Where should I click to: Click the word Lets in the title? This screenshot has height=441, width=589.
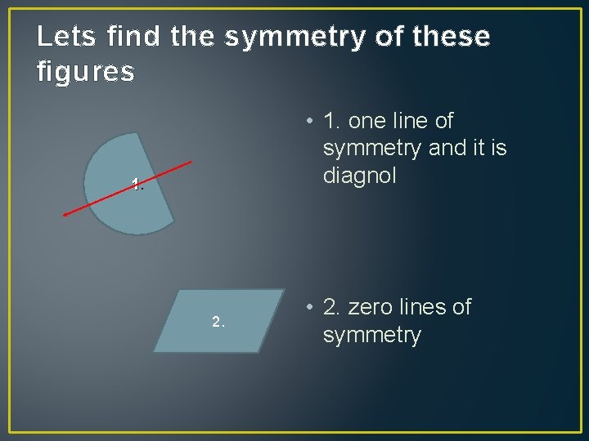pyautogui.click(x=60, y=36)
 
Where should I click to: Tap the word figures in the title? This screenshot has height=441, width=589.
pyautogui.click(x=86, y=72)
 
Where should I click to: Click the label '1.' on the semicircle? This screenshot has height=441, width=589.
pyautogui.click(x=138, y=186)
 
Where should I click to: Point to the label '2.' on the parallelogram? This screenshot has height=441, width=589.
pyautogui.click(x=218, y=322)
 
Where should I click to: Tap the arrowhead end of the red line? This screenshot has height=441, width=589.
pyautogui.click(x=65, y=215)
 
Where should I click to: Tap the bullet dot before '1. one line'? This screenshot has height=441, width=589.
pyautogui.click(x=308, y=122)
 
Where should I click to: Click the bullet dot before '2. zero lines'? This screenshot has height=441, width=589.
pyautogui.click(x=308, y=308)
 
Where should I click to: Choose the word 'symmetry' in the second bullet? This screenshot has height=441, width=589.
pyautogui.click(x=372, y=335)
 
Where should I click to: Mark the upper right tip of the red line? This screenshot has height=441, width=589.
pyautogui.click(x=191, y=162)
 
